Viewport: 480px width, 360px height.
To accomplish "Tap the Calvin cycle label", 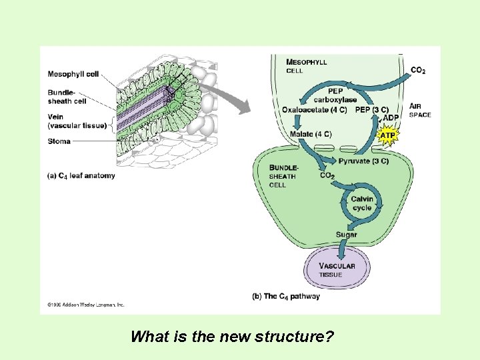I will tap(361, 203).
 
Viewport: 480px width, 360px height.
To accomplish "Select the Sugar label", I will tap(346, 234).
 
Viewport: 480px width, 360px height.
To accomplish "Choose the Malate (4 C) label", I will tap(311, 133).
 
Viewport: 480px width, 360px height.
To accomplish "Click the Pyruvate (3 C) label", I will tap(363, 161).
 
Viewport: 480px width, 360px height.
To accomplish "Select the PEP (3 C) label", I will tap(372, 109).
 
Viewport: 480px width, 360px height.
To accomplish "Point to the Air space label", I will tap(419, 110).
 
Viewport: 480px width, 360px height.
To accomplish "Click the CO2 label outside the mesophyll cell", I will tap(419, 70).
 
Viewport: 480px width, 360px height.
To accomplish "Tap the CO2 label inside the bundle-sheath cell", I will tap(327, 175).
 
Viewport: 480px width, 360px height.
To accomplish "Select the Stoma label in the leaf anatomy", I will tap(59, 141).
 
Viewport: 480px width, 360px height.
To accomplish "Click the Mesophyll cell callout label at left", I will tap(73, 74).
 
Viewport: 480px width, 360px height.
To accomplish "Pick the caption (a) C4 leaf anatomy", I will tap(81, 175).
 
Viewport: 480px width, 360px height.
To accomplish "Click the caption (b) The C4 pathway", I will tap(286, 296).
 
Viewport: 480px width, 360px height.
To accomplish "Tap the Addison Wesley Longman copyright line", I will tap(86, 305).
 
